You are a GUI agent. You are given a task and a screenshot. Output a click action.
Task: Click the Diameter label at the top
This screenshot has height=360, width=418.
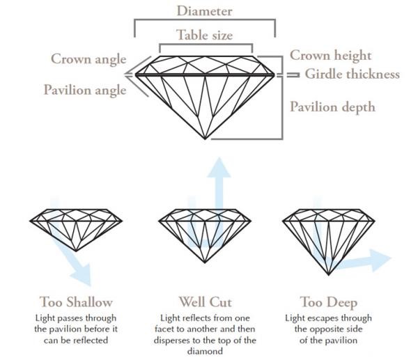[204, 11]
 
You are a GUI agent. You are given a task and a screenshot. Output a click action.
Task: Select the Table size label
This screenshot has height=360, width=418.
[204, 35]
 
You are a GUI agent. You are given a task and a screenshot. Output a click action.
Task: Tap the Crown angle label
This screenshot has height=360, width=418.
[88, 58]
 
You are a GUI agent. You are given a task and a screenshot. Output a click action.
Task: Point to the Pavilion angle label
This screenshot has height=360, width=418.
[85, 90]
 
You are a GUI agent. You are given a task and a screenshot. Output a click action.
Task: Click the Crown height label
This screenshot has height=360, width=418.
[331, 56]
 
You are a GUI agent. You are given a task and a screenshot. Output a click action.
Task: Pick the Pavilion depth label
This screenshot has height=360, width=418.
[332, 107]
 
